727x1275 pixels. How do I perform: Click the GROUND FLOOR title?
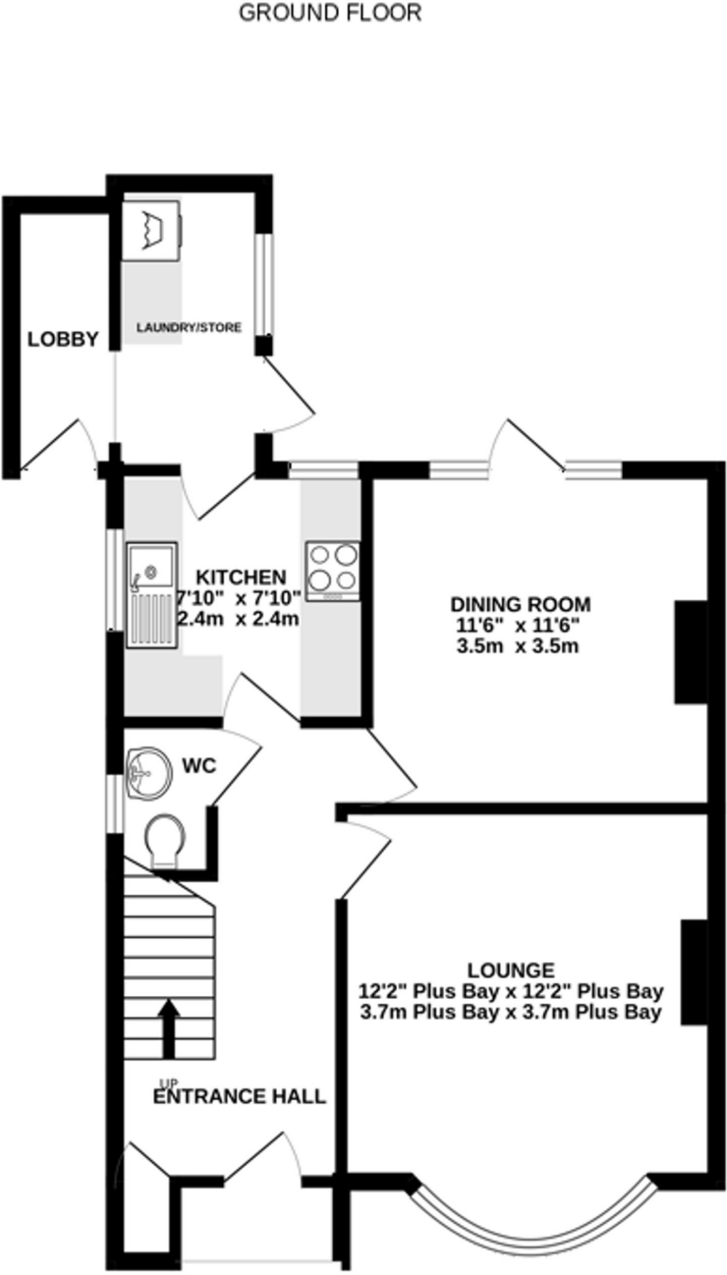[329, 13]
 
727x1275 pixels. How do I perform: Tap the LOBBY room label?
[63, 339]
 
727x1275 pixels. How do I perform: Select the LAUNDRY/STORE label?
[189, 327]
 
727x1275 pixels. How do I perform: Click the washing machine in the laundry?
[152, 230]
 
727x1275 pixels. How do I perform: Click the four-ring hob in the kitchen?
[333, 570]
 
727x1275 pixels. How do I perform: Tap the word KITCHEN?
[241, 577]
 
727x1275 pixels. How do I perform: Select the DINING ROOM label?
[520, 604]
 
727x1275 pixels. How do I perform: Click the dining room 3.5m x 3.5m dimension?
[517, 646]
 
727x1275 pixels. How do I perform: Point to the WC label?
[199, 766]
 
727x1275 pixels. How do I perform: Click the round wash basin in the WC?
[149, 774]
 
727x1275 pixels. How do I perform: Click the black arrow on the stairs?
[168, 1028]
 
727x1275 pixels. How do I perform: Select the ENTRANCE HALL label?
[239, 1096]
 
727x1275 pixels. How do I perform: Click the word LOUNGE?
[511, 970]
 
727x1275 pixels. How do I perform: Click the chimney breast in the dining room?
[691, 652]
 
